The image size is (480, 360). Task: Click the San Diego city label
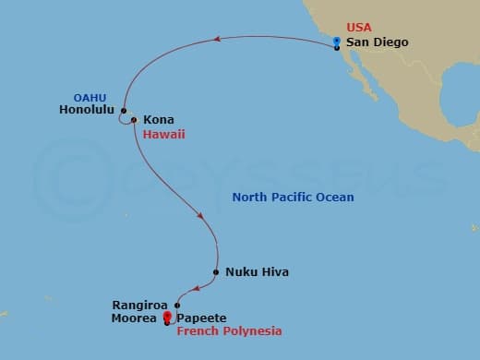377,42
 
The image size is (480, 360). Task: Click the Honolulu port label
84,109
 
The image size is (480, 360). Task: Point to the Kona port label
158,120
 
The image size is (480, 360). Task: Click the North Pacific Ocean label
293,197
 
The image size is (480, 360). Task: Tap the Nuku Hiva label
257,272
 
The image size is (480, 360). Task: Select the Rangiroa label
140,303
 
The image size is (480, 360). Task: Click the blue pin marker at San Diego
337,42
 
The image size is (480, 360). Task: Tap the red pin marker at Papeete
167,318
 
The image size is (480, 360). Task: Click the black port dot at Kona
134,120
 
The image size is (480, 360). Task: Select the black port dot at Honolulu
122,110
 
